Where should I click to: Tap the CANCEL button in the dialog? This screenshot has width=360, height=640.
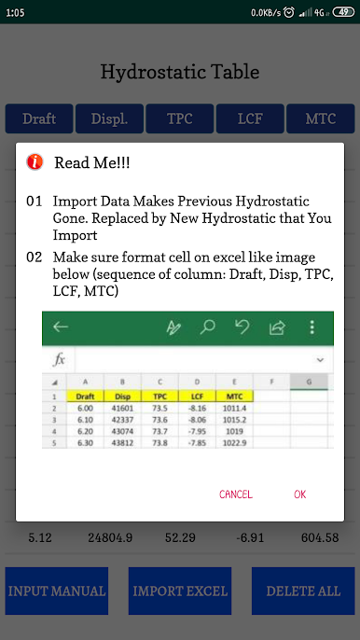pos(236,494)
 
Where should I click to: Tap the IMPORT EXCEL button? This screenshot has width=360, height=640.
pos(180,591)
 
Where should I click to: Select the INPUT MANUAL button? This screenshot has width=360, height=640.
pos(57,591)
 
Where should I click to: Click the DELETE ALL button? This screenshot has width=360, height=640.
pos(303,591)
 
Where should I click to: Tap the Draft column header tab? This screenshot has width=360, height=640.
pos(39,118)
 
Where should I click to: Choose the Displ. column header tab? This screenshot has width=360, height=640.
pos(109,118)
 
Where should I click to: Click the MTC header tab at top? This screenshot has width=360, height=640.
pos(321,118)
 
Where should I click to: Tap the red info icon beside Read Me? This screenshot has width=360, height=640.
pos(35,162)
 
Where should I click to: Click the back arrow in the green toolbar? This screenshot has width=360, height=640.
pos(61,327)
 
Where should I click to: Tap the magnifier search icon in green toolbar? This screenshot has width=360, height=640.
pos(207,327)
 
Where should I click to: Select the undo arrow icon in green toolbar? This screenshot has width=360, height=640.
pos(242,327)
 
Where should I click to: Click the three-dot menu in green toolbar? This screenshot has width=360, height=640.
pos(312,327)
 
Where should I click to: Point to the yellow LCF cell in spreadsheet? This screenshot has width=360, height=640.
pos(197,396)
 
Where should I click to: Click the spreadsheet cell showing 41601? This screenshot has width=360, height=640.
pos(122,408)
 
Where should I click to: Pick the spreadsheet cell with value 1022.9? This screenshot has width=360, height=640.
pos(235,443)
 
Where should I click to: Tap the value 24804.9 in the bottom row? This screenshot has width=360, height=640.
pos(110,538)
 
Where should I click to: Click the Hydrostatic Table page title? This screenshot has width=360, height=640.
pos(180,72)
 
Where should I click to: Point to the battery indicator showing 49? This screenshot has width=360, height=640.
pos(343,13)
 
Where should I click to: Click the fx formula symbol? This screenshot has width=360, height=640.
pos(59,359)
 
